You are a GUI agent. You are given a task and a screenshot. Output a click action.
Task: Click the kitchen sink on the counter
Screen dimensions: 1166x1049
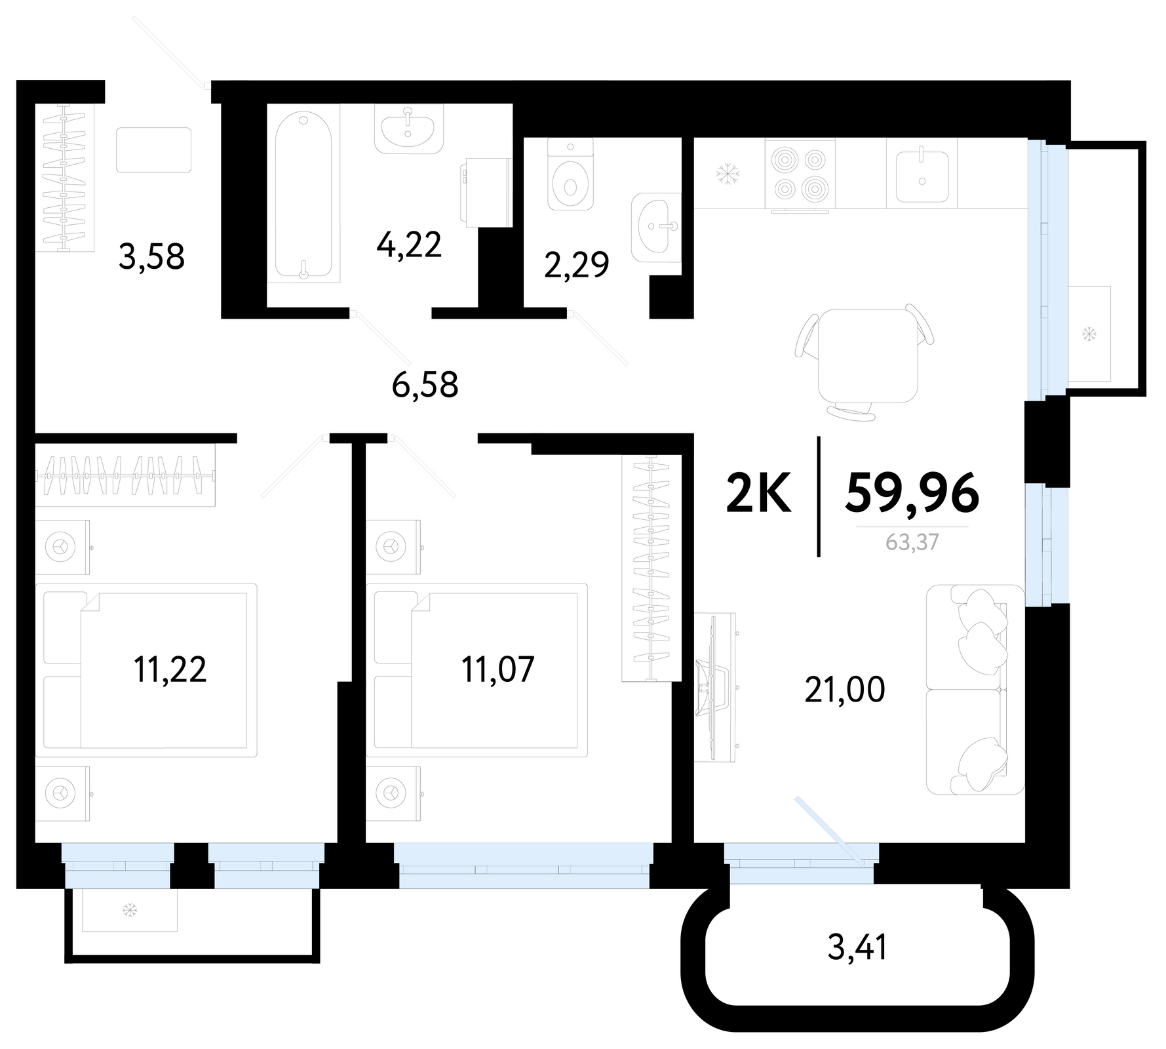point(922,174)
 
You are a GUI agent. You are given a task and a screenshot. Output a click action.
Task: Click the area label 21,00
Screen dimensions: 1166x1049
point(845,690)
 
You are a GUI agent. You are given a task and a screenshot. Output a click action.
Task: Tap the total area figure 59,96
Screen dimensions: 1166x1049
point(912,493)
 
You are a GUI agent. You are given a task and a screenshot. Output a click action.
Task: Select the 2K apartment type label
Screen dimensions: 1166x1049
point(759,493)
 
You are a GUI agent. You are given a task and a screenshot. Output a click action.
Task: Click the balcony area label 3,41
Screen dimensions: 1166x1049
point(857,947)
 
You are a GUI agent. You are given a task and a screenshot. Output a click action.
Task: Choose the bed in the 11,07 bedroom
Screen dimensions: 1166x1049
point(477,670)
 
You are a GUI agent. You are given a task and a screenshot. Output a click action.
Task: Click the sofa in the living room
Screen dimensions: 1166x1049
point(975,690)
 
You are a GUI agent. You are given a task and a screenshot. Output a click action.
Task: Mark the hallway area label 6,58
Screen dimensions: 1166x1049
point(425,385)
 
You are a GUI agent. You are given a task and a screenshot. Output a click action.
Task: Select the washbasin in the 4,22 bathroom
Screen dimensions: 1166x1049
point(409,129)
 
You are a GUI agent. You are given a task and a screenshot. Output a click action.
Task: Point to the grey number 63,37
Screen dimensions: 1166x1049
point(912,542)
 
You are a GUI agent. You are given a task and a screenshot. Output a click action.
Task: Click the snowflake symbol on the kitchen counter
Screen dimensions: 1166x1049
point(727,174)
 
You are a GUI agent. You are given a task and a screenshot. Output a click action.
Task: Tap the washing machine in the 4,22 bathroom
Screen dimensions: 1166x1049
point(486,192)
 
